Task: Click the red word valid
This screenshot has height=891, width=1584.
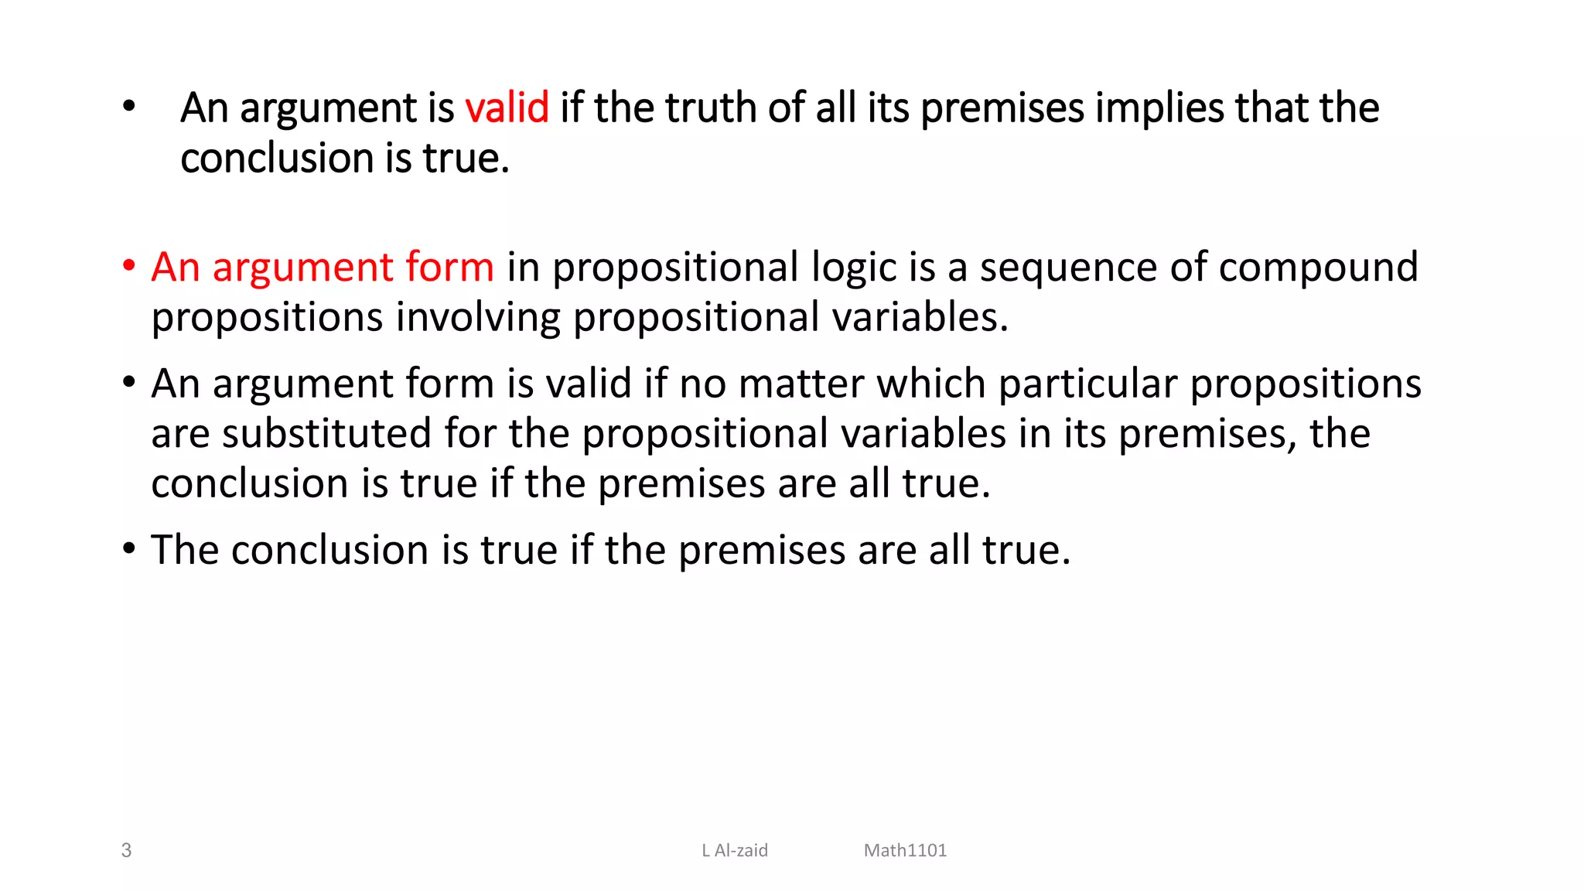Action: [507, 108]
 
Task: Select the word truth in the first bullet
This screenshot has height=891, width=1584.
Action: [711, 108]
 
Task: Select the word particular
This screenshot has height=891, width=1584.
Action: [1087, 384]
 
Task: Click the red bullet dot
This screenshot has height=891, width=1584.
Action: [128, 267]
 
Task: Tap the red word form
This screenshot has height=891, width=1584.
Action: [449, 268]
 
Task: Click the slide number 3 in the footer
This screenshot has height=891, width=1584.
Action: [126, 850]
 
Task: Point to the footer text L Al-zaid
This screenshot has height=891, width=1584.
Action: [734, 850]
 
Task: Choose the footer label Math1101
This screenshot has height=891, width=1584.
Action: [905, 850]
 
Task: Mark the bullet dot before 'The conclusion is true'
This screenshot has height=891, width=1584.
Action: [128, 549]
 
